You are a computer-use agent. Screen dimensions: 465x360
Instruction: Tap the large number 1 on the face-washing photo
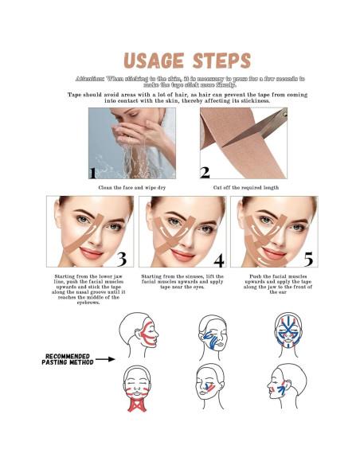(94, 172)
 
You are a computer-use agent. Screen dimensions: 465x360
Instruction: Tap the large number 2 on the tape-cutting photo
(205, 172)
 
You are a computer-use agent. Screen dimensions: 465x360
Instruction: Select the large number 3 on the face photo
(122, 258)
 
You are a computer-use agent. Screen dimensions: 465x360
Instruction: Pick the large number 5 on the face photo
(308, 258)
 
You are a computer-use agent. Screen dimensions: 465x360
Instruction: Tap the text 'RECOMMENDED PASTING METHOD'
(68, 359)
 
